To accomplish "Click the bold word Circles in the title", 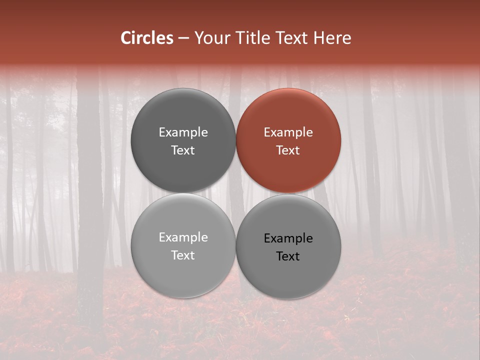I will coord(147,38).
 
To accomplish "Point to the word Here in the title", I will coord(333,38).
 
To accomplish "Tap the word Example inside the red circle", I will coord(288,132).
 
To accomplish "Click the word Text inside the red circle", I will coord(288,150).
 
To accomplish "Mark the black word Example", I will coord(288,238).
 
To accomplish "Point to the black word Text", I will coord(288,256).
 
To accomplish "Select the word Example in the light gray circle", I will coord(183,237).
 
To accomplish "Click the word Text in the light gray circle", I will coord(183,255).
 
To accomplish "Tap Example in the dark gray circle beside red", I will coord(183,132).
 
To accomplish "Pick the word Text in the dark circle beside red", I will coord(183,150).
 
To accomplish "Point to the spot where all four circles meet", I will coord(236,193).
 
